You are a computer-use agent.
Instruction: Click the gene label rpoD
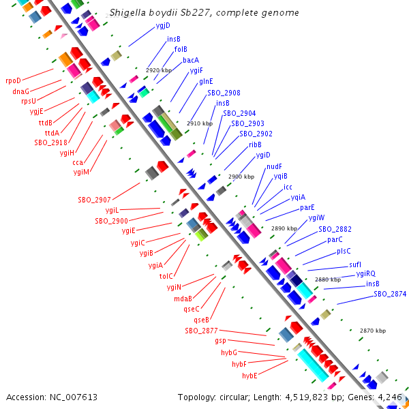[14, 80]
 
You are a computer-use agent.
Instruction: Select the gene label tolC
[166, 276]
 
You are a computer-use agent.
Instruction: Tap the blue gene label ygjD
[163, 26]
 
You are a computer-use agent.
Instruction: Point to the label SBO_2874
[390, 294]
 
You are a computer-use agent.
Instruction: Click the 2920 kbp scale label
[159, 70]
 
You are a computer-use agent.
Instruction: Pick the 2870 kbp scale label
[372, 331]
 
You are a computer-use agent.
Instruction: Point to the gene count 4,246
[391, 397]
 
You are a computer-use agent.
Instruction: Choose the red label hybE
[249, 376]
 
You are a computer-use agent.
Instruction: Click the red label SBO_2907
[94, 200]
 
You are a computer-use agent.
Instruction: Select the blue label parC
[335, 239]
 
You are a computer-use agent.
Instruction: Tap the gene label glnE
[206, 81]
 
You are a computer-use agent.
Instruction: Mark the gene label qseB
[201, 320]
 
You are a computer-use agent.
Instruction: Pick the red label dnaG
[20, 91]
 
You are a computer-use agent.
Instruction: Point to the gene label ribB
[255, 145]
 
